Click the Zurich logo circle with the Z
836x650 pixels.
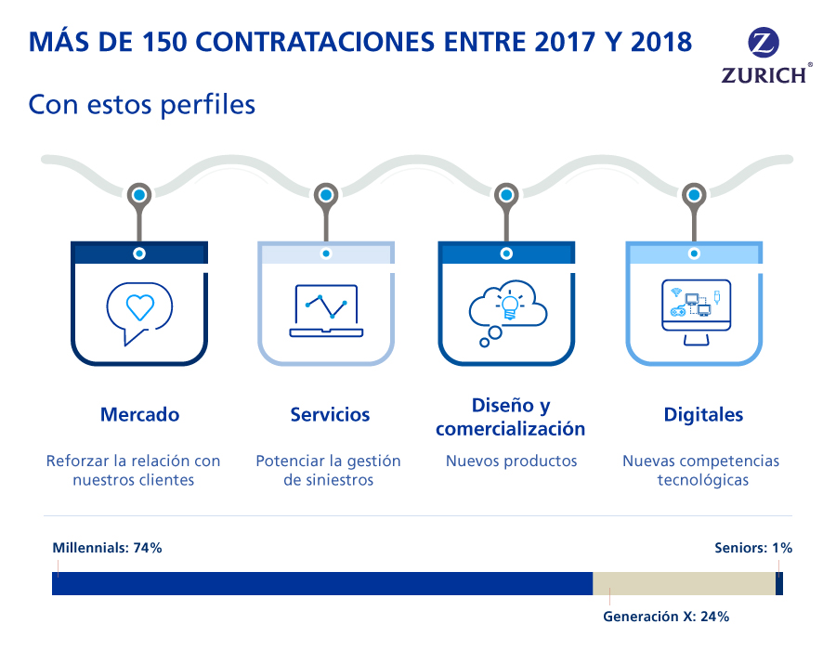pyautogui.click(x=764, y=43)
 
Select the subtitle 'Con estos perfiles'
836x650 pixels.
pyautogui.click(x=141, y=104)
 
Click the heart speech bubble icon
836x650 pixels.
pyautogui.click(x=138, y=309)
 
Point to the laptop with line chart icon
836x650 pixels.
pyautogui.click(x=325, y=310)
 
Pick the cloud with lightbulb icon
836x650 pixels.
pyautogui.click(x=507, y=310)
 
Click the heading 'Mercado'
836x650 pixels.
pyautogui.click(x=139, y=415)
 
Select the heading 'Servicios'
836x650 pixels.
pyautogui.click(x=330, y=415)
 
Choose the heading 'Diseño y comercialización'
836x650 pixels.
pyautogui.click(x=510, y=417)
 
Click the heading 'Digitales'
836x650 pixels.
pyautogui.click(x=703, y=415)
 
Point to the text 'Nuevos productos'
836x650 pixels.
pyautogui.click(x=511, y=461)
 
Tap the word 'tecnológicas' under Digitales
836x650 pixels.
pyautogui.click(x=702, y=481)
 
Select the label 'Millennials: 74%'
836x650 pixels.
pyautogui.click(x=107, y=548)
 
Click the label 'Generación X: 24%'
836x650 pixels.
pyautogui.click(x=665, y=616)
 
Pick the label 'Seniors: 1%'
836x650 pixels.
pyautogui.click(x=752, y=548)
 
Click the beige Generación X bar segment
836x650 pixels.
pyautogui.click(x=684, y=583)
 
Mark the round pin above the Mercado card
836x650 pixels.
pyautogui.click(x=138, y=195)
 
